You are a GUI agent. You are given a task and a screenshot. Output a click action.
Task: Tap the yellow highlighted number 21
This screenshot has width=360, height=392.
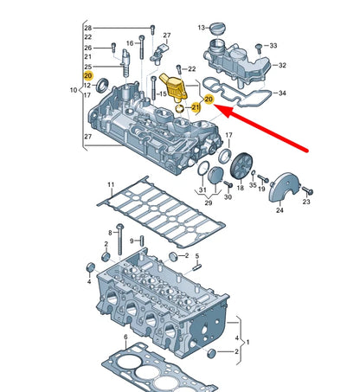[196, 107]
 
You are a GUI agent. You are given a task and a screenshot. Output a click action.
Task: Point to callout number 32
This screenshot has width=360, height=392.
[281, 64]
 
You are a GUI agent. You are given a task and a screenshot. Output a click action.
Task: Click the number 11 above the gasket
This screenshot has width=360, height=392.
[110, 184]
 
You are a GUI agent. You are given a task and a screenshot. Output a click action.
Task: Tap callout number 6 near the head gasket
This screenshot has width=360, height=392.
[125, 337]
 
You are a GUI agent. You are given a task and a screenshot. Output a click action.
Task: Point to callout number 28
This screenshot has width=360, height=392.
[87, 29]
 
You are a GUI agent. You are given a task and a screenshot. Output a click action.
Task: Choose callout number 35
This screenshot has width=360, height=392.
[253, 184]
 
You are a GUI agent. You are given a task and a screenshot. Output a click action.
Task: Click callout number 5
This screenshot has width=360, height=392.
[196, 257]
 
